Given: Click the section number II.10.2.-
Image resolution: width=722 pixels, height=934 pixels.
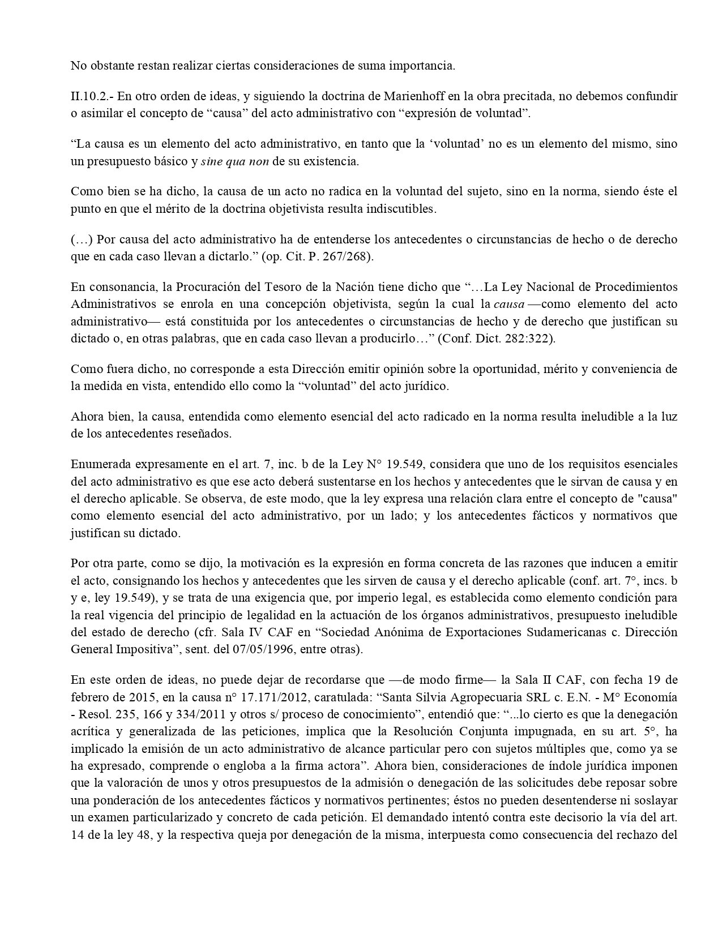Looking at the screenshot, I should click(x=91, y=96).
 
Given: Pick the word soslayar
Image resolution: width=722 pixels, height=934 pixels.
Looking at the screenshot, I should click(x=657, y=801).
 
